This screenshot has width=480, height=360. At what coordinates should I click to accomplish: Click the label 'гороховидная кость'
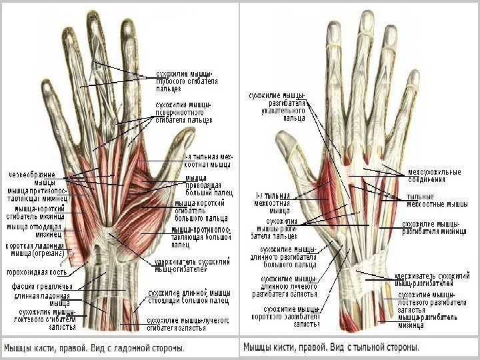point(36,273)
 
